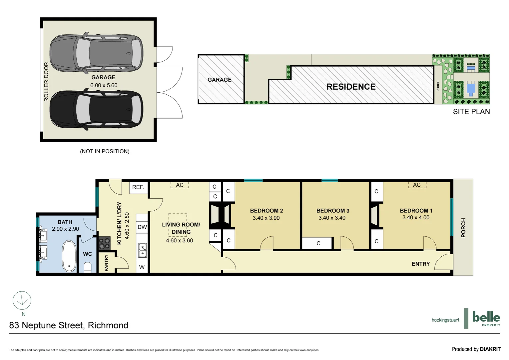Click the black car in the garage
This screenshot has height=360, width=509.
tap(96, 110)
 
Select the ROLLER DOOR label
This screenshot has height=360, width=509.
tap(46, 82)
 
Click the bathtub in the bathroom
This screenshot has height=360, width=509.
tap(69, 256)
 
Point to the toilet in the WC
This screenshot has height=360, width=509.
tap(88, 267)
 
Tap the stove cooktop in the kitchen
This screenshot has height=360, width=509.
tap(104, 243)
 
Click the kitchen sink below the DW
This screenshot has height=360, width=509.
tap(143, 250)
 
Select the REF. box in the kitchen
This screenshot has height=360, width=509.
tap(138, 187)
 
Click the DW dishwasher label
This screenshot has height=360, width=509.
tap(142, 227)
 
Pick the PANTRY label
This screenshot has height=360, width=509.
tap(107, 263)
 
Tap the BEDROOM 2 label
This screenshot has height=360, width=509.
tap(266, 211)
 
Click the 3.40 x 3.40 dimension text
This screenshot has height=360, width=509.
tap(332, 218)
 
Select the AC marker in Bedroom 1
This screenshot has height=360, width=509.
tap(417, 185)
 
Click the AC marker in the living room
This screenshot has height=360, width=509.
tap(180, 185)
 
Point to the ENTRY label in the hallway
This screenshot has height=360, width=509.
tap(421, 264)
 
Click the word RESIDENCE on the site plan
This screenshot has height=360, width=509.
tap(351, 87)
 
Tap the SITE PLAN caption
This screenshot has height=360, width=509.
tap(471, 112)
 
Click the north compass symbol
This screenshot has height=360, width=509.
tap(22, 300)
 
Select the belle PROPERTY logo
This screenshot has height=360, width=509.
tap(486, 318)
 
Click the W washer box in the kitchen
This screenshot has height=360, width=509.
tap(142, 267)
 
